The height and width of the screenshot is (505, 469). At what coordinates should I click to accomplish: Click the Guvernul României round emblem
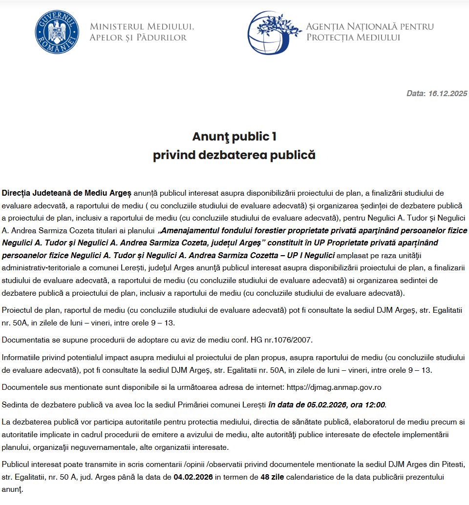coord(57,31)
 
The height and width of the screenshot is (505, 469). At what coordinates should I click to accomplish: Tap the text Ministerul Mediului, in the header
coord(142,26)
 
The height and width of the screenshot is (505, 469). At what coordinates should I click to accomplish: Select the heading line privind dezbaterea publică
coord(234,155)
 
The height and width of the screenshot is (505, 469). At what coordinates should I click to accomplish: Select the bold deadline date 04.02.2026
coord(193,477)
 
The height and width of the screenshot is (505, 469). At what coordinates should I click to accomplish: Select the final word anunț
coord(12,488)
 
